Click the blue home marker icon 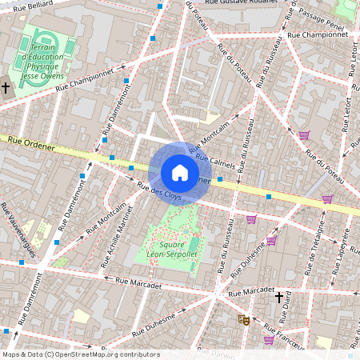[180, 173]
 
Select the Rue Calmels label [216, 162]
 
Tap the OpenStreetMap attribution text [80, 354]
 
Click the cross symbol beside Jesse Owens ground [6, 86]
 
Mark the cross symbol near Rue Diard [279, 298]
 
